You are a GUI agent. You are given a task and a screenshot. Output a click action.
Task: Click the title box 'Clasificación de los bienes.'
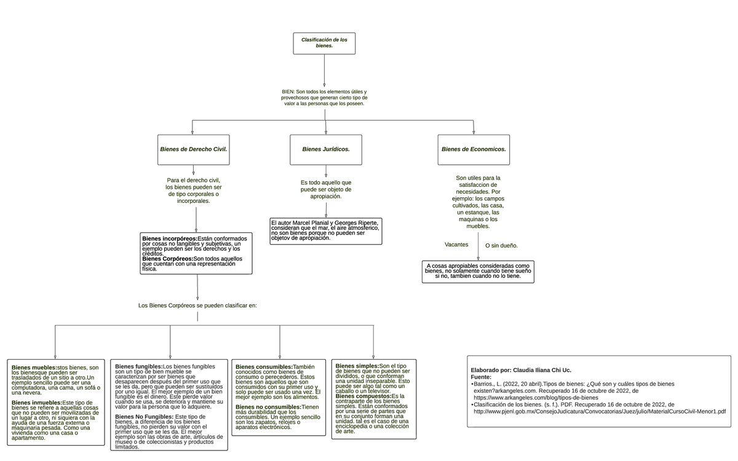[x=324, y=42]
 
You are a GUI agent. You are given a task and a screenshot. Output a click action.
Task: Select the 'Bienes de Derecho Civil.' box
[x=193, y=149]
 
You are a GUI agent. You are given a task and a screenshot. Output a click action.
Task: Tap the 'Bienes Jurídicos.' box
[x=325, y=149]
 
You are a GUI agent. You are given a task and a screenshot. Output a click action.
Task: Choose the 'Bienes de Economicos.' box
[x=474, y=149]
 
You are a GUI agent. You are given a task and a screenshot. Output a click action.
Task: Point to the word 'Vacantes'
[x=456, y=245]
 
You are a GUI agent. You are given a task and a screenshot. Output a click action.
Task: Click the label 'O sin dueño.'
[x=501, y=246]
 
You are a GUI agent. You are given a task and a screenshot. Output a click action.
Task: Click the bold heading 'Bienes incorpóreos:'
[x=169, y=238]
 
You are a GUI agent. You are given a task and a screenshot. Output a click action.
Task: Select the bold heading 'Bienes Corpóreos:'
[x=167, y=259]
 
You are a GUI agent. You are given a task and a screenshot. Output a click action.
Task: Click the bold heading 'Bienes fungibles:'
[x=138, y=366]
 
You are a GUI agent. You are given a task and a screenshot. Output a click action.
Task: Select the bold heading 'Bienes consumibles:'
[x=264, y=367]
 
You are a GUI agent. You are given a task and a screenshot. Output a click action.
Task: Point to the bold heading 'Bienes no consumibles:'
[x=268, y=407]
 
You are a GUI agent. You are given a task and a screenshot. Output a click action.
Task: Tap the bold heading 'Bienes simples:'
[x=357, y=366]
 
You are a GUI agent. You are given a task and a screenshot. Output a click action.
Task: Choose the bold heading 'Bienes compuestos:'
[x=363, y=396]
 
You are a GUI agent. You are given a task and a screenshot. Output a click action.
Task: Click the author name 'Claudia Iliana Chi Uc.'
[x=542, y=371]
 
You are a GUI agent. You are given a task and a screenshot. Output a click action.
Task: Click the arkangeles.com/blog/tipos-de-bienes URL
[x=536, y=398]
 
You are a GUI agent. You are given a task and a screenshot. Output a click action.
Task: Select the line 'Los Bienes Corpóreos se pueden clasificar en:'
[x=197, y=305]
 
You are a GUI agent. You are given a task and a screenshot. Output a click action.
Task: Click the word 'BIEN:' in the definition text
[x=288, y=92]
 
